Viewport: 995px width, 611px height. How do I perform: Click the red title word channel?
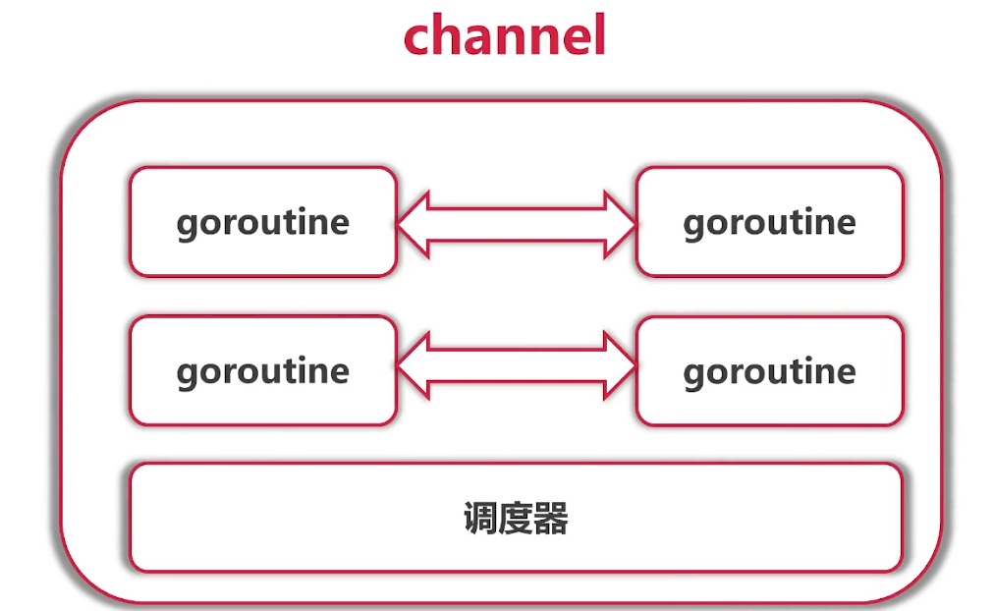coord(504,36)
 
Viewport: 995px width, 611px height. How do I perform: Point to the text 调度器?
coord(516,519)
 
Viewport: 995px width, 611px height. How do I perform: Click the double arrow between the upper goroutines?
coord(517,224)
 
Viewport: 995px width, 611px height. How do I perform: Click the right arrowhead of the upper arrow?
coord(619,224)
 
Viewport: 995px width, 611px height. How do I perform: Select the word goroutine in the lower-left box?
coord(262,371)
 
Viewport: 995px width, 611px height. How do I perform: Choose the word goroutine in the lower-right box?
coord(769,371)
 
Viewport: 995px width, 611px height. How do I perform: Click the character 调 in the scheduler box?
coord(479,519)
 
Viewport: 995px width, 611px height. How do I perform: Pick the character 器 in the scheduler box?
coord(552,519)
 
